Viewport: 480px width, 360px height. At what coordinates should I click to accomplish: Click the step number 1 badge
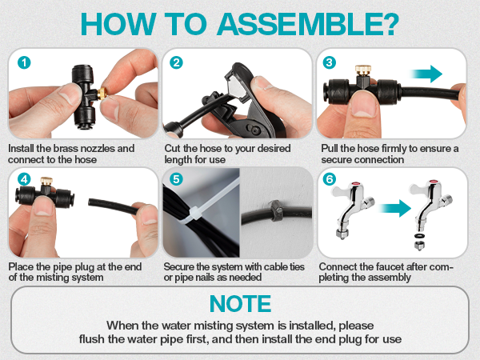click(24, 63)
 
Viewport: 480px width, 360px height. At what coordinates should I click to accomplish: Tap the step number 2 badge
click(176, 62)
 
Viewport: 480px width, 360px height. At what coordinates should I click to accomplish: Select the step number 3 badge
click(330, 62)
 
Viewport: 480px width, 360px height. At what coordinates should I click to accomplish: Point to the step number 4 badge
click(24, 179)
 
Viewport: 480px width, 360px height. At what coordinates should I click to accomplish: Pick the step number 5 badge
click(176, 179)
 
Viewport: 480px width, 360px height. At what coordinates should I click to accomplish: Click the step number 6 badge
click(330, 179)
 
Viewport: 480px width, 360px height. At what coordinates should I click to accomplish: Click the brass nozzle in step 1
click(102, 94)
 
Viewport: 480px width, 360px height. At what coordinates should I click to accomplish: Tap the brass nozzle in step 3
click(363, 70)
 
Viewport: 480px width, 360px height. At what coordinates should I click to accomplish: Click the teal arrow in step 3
click(426, 74)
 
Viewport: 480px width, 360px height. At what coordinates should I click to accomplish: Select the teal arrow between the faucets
click(394, 209)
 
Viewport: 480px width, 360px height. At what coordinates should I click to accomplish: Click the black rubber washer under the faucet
click(418, 236)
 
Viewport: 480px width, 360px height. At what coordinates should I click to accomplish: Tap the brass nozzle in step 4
click(46, 181)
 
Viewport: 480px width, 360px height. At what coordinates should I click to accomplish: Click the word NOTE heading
click(240, 304)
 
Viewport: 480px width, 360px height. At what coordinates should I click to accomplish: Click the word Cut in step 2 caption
click(172, 148)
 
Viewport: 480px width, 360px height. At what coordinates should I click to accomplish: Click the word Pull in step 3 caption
click(329, 148)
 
